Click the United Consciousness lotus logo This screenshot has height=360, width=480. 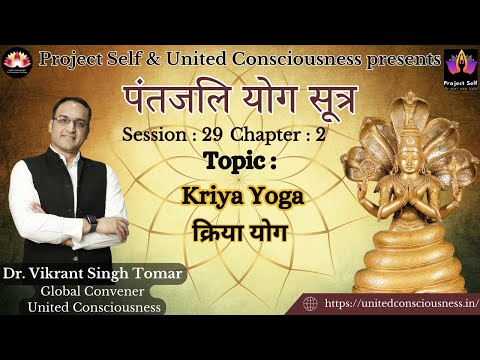click(x=17, y=60)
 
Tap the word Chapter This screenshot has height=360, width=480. click(x=266, y=134)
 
